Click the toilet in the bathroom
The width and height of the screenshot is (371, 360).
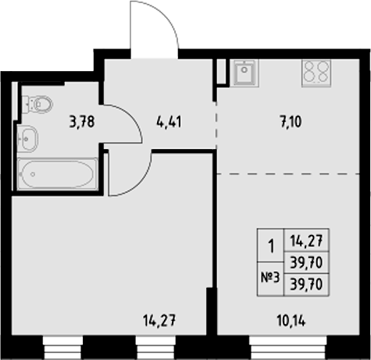tap(39, 102)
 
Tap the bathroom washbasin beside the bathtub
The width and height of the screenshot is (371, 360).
tap(29, 138)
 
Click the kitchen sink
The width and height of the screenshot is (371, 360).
tap(244, 73)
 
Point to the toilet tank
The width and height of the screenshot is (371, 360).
tap(26, 102)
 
